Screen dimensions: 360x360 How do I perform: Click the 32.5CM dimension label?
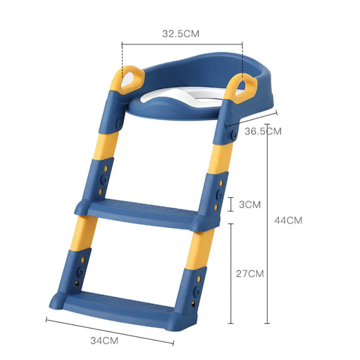(180, 34)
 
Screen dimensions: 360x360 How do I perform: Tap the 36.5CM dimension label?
(263, 131)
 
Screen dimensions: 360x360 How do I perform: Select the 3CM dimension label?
(250, 204)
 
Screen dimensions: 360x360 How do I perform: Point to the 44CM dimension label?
(288, 220)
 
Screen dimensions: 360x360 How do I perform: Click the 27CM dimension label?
(250, 273)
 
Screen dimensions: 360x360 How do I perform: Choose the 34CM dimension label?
(104, 340)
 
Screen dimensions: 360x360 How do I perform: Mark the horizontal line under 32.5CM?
(182, 44)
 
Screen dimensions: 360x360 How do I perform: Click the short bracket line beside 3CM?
(231, 204)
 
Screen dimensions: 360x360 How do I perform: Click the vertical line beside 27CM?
(231, 273)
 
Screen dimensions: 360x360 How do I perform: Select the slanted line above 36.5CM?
(251, 118)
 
